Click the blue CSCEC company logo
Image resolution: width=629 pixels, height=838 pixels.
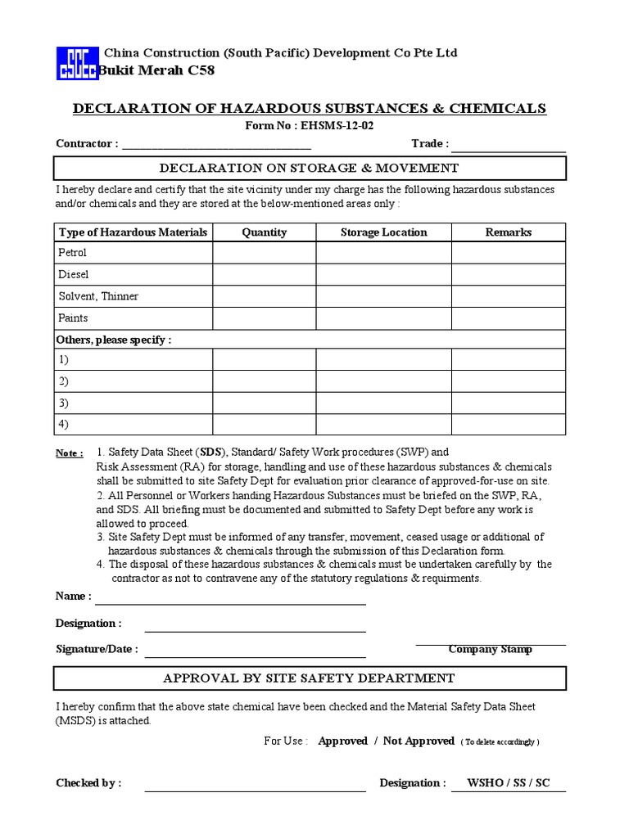pos(75,62)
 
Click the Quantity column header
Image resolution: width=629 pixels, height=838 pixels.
pos(265,232)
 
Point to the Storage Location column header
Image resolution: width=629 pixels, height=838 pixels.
pos(383,232)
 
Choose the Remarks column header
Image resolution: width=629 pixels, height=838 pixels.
pos(508,232)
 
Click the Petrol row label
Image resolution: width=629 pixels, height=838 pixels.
pos(73,253)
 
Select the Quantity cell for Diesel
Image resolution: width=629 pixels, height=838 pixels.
pos(265,275)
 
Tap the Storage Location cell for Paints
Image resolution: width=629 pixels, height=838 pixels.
pos(383,318)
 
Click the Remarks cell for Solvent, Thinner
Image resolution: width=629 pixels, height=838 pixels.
pos(508,296)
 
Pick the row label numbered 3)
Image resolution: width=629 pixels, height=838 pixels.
pos(63,403)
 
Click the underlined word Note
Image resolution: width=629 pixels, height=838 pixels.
pos(69,453)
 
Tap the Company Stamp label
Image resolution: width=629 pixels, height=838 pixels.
pos(490,649)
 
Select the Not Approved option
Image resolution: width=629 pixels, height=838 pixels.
pos(419,741)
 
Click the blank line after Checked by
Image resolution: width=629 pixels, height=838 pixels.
pos(255,787)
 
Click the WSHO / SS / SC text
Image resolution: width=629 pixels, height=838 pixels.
pos(508,783)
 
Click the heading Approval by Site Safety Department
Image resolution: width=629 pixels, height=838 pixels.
pos(309,678)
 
